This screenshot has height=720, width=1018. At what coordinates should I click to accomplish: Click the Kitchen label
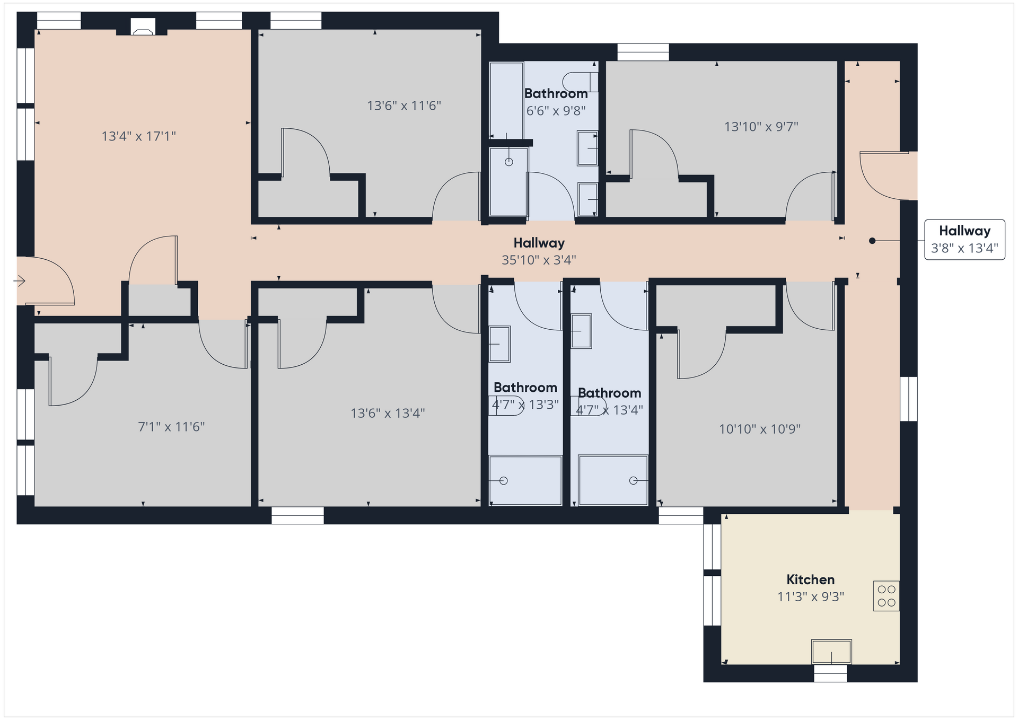pos(810,579)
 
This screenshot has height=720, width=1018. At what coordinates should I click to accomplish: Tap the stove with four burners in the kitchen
pos(886,596)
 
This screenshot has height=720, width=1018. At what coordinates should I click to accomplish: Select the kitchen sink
pos(831,652)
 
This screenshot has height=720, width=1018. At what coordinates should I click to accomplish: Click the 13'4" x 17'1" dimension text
pos(139,136)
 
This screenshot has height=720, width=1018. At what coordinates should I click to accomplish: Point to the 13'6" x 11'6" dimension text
pos(404,106)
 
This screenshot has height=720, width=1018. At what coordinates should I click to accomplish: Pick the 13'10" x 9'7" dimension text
pos(761,127)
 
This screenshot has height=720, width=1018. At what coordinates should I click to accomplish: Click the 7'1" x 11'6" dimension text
pos(171,427)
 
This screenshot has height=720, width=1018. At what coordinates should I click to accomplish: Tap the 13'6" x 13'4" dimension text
pos(388,413)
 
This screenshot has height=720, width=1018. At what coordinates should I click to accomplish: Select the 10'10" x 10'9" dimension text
pos(760,429)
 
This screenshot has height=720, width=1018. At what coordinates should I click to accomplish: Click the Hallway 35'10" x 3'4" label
pos(539,251)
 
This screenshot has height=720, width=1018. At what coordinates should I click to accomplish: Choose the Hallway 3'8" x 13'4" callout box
pos(964,240)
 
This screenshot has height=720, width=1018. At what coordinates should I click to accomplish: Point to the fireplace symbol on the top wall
pos(143,28)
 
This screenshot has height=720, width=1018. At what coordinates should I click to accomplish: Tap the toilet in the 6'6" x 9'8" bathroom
pos(580,82)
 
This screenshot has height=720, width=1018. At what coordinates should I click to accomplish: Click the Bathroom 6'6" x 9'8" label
pos(556,102)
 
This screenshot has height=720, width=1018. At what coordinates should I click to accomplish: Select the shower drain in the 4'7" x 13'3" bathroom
pos(504,481)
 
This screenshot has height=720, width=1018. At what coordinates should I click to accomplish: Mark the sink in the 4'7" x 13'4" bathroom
pos(581,331)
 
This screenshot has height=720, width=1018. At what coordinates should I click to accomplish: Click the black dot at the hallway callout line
pos(872,241)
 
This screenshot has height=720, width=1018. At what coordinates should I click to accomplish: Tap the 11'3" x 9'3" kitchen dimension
pos(810,597)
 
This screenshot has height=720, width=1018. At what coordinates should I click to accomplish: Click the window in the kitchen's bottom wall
pos(830,673)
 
